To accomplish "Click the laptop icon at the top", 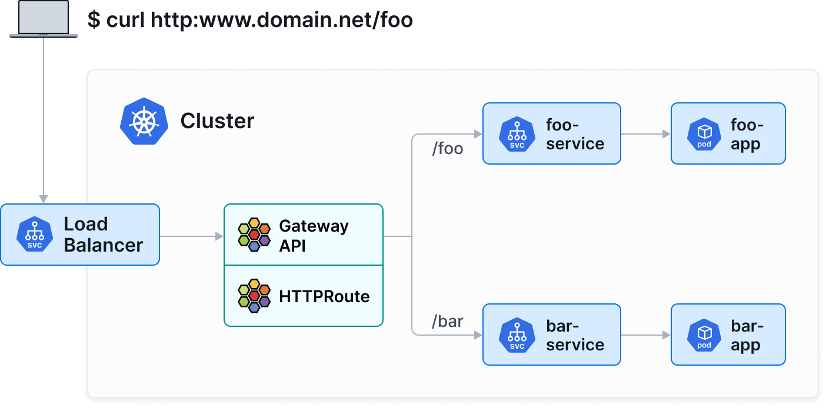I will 44,19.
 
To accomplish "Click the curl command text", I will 250,19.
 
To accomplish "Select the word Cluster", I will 217,121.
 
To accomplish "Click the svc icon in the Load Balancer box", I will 35,235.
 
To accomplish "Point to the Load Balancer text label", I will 103,235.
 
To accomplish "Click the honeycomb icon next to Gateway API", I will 254,235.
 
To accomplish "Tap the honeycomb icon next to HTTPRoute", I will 254,296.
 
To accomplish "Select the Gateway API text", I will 314,235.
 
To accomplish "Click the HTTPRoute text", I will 324,296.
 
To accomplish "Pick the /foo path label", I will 448,149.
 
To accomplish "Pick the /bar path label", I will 448,322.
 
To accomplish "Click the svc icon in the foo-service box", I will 517,134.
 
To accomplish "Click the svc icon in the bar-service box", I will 517,335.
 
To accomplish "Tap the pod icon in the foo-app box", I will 704,134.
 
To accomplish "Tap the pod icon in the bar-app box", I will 704,335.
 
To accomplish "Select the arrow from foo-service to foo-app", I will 645,134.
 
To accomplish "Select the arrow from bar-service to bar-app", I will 645,335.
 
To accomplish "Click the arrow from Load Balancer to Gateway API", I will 191,236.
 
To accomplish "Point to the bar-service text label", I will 575,335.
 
